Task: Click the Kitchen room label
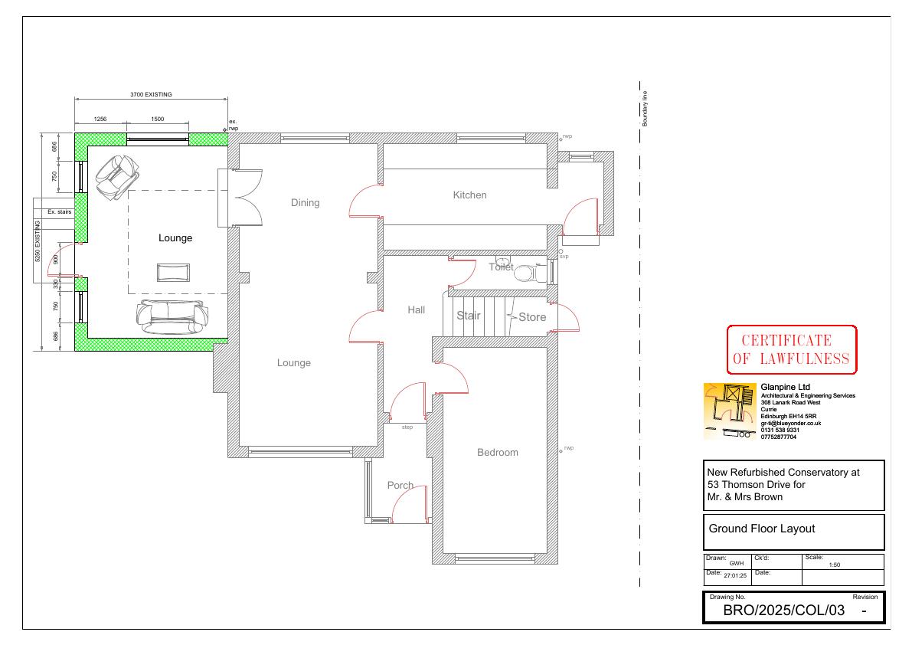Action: pyautogui.click(x=469, y=195)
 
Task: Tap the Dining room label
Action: pyautogui.click(x=306, y=203)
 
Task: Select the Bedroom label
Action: pyautogui.click(x=497, y=453)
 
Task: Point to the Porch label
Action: pyautogui.click(x=400, y=485)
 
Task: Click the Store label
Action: pyautogui.click(x=532, y=317)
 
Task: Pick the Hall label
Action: pyautogui.click(x=417, y=310)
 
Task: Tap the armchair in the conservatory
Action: pyautogui.click(x=117, y=178)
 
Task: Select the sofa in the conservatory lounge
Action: pyautogui.click(x=172, y=318)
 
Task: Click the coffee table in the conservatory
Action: pyautogui.click(x=173, y=272)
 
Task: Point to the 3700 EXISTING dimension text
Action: pyautogui.click(x=151, y=94)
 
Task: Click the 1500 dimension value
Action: pyautogui.click(x=158, y=120)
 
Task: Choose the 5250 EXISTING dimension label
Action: pyautogui.click(x=38, y=241)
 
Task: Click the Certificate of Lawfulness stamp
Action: pyautogui.click(x=792, y=349)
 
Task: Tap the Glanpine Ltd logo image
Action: pyautogui.click(x=730, y=411)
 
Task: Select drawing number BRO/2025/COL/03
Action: pyautogui.click(x=783, y=610)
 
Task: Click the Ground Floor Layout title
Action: pyautogui.click(x=761, y=529)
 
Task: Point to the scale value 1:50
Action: pyautogui.click(x=834, y=565)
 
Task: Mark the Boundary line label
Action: pyautogui.click(x=645, y=109)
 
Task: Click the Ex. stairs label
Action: pyautogui.click(x=59, y=212)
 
